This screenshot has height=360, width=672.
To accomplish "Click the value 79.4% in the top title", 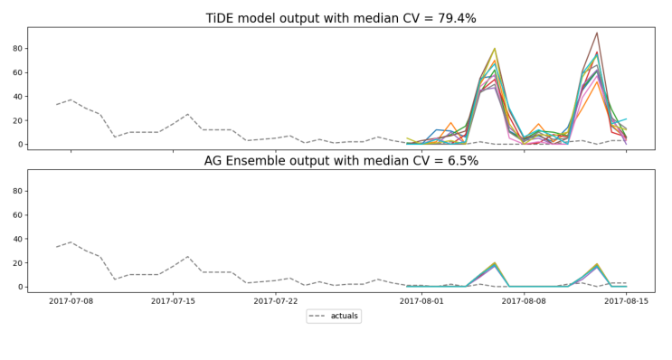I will pyautogui.click(x=477, y=18).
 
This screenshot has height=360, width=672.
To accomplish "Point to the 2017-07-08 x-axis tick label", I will pyautogui.click(x=71, y=300).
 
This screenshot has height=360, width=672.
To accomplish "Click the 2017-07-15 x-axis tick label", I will pyautogui.click(x=173, y=300).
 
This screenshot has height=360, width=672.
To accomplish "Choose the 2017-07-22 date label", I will pyautogui.click(x=275, y=300).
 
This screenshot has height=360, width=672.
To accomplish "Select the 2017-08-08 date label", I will pyautogui.click(x=524, y=300).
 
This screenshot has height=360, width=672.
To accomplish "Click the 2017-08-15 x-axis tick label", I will pyautogui.click(x=626, y=300).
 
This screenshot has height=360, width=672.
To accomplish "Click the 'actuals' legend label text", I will pyautogui.click(x=345, y=317).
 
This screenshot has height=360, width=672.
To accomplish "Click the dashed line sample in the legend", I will pyautogui.click(x=319, y=317).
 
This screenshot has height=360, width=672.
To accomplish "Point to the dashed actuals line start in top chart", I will pyautogui.click(x=56, y=105).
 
